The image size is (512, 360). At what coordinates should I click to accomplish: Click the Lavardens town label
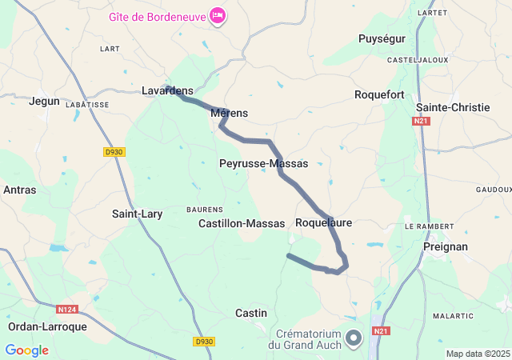[x=167, y=91]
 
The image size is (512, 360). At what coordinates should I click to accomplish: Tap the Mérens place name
[x=229, y=114]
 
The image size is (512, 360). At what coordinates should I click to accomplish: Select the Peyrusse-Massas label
[x=263, y=163]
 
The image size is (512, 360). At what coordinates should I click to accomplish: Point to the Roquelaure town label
[x=323, y=222]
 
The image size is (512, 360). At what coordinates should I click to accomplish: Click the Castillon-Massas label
[x=242, y=224]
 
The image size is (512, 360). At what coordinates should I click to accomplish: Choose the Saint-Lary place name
[x=138, y=214]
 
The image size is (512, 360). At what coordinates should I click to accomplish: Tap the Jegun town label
[x=44, y=101]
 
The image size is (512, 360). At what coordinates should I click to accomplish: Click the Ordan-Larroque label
[x=47, y=326]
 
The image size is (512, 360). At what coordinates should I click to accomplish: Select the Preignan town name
[x=445, y=246]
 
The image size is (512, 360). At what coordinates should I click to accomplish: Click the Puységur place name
[x=382, y=38]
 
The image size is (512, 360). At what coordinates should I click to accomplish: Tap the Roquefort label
[x=379, y=94]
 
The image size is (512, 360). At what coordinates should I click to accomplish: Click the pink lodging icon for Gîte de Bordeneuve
[x=217, y=15]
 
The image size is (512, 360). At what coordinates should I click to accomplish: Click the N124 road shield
[x=67, y=309]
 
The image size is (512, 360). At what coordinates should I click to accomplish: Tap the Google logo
[x=26, y=350]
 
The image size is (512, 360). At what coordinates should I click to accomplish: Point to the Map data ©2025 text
[x=478, y=354]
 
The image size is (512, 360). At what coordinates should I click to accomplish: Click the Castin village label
[x=251, y=313]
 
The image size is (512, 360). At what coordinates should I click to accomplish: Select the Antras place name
[x=19, y=190]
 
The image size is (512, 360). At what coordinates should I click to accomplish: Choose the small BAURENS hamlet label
[x=204, y=210]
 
